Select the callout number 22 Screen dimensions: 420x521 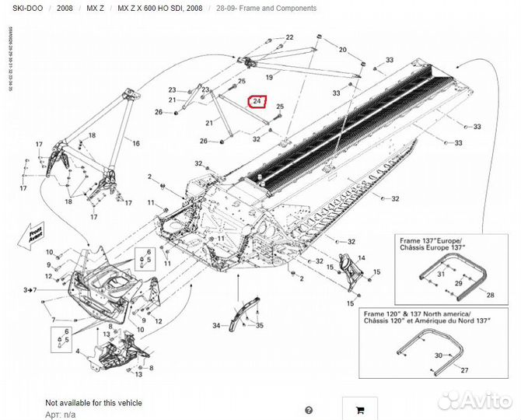pyautogui.click(x=289, y=37)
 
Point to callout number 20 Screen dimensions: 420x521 pyautogui.click(x=341, y=49)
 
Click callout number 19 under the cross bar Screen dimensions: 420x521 pyautogui.click(x=269, y=78)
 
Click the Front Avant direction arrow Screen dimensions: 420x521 pyautogui.click(x=35, y=235)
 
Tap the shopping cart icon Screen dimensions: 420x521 pyautogui.click(x=359, y=410)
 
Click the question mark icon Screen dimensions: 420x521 pyautogui.click(x=309, y=410)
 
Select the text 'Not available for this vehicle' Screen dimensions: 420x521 pyautogui.click(x=93, y=403)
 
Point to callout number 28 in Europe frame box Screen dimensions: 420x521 pyautogui.click(x=489, y=296)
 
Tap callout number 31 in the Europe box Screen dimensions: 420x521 pyautogui.click(x=441, y=275)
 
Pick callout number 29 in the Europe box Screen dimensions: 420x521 pyautogui.click(x=458, y=284)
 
